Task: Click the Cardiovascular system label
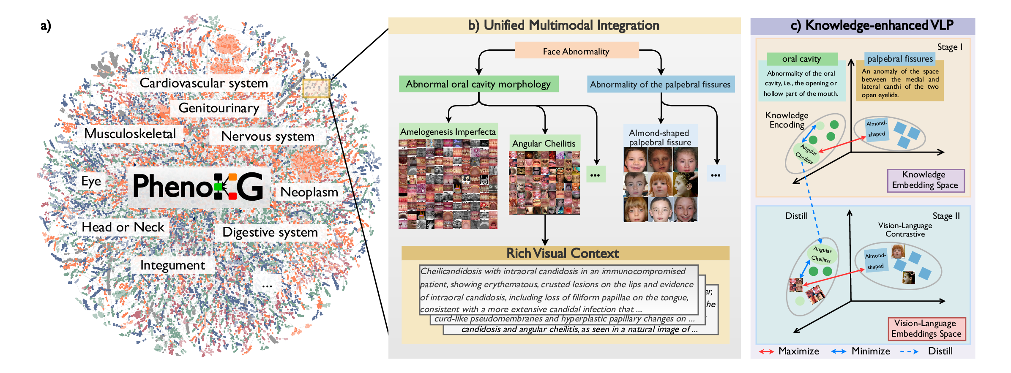[x=204, y=83]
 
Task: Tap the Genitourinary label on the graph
[x=219, y=108]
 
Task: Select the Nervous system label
[x=268, y=136]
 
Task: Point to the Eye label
[x=91, y=181]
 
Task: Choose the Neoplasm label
[x=309, y=192]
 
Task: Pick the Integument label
[x=172, y=265]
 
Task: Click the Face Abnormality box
[x=576, y=51]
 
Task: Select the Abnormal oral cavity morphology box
[x=478, y=84]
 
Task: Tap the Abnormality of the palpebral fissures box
[x=660, y=84]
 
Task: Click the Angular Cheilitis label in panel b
[x=544, y=144]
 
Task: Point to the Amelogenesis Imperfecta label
[x=448, y=132]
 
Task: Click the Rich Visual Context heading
[x=563, y=253]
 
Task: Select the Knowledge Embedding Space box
[x=925, y=180]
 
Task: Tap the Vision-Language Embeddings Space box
[x=926, y=329]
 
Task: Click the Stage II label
[x=946, y=216]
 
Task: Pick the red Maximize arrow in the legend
[x=766, y=351]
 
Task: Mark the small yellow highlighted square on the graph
[x=316, y=89]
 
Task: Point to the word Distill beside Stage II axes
[x=796, y=216]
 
